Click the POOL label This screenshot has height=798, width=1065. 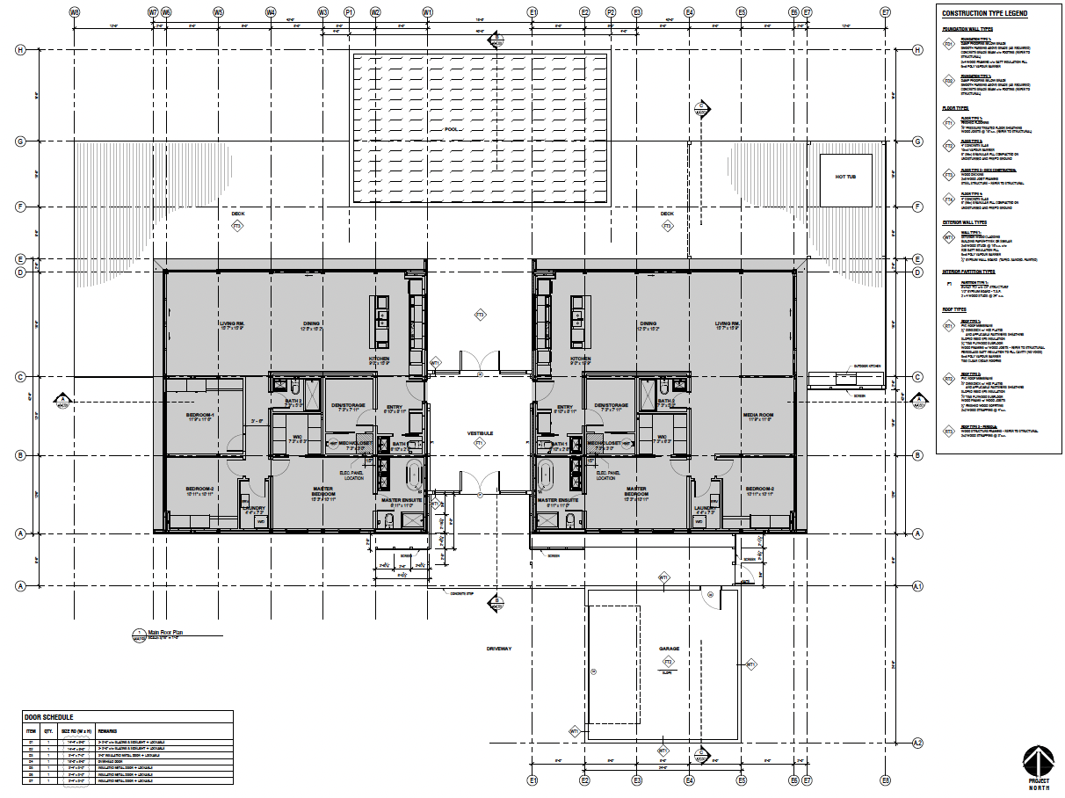[x=451, y=129]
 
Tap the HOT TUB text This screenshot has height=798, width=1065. [x=845, y=177]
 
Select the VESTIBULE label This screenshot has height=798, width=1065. [x=480, y=433]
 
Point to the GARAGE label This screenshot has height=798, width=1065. [x=669, y=649]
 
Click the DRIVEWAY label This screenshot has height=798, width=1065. [x=498, y=649]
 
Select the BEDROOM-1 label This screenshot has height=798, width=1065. [x=200, y=415]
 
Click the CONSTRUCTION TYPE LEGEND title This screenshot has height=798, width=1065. [x=984, y=13]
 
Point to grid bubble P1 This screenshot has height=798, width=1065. [x=349, y=12]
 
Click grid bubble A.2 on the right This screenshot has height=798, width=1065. [x=917, y=743]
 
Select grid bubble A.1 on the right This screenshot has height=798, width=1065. [x=917, y=585]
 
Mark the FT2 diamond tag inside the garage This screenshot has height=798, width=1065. [x=668, y=661]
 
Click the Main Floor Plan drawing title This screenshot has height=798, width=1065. [x=163, y=631]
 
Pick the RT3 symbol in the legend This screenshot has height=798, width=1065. [x=948, y=431]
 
